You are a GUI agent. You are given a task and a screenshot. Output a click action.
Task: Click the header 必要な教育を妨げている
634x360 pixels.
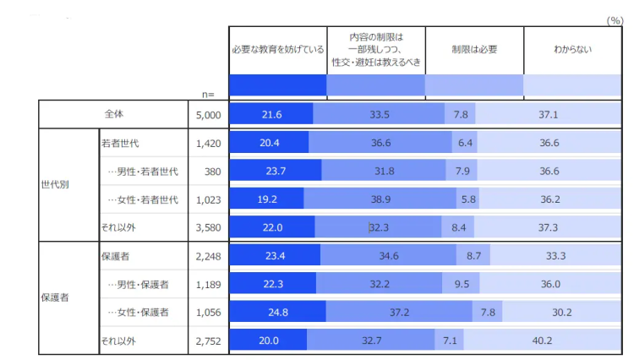[278, 49]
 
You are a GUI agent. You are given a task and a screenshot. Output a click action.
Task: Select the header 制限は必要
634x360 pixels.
[473, 49]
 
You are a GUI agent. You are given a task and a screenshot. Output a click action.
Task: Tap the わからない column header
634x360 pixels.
[572, 49]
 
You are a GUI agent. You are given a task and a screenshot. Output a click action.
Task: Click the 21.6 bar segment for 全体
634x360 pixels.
[271, 114]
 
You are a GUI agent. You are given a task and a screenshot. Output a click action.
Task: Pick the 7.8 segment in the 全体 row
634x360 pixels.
[461, 114]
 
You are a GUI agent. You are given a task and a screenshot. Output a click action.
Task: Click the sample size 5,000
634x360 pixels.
[208, 114]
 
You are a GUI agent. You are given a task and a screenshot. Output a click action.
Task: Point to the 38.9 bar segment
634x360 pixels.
[380, 199]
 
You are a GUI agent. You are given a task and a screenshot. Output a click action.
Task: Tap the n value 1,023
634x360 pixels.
[208, 199]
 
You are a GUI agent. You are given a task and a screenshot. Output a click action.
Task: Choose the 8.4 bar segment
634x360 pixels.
[458, 227]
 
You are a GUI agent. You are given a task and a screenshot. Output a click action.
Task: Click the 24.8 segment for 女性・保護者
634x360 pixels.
[277, 312]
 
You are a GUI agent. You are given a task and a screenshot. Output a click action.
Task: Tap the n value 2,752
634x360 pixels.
[208, 341]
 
